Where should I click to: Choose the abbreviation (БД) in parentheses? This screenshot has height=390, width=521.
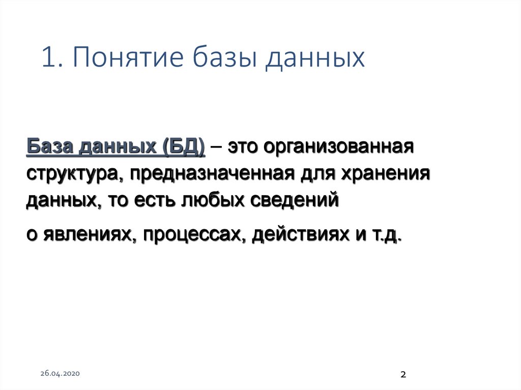coord(184,148)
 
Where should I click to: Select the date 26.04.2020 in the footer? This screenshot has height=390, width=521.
coord(60,374)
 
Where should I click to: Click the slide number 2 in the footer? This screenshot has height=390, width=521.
coord(403,375)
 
